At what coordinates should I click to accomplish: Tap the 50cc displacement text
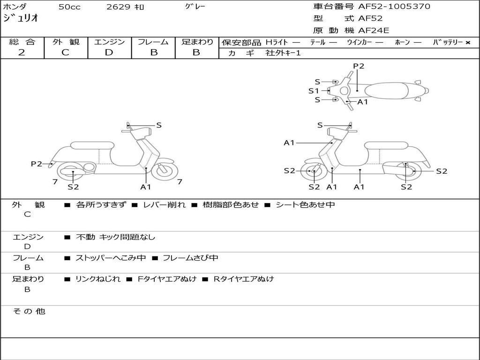[68, 7]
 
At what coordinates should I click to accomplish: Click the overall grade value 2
[22, 52]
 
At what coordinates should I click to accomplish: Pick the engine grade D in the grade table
[109, 52]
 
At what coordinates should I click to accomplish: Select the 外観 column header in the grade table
[66, 42]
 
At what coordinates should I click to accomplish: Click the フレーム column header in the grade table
[153, 42]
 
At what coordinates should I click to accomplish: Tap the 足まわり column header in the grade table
[197, 42]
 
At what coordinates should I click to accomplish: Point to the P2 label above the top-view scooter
[359, 66]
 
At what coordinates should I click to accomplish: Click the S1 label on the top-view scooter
[314, 91]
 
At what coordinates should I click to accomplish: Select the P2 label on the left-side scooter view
[37, 164]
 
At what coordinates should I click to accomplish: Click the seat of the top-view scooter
[390, 90]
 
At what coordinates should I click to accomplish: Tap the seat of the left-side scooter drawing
[92, 146]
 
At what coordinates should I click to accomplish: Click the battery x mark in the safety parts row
[467, 43]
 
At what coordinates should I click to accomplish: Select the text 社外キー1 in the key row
[283, 53]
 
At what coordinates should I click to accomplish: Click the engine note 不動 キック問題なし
[115, 237]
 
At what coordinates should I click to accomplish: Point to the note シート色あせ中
[305, 205]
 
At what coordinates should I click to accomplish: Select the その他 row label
[29, 311]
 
